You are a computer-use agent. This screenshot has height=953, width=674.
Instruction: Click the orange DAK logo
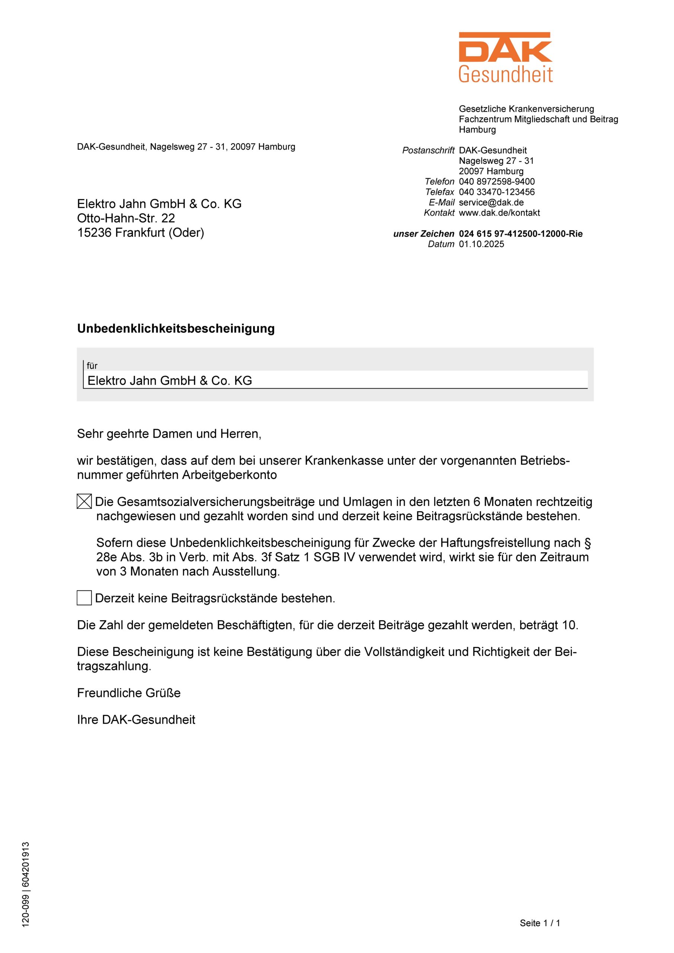point(505,57)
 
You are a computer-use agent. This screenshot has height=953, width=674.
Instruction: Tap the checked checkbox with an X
point(84,502)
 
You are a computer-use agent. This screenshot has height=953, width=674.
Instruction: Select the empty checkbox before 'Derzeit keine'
point(84,598)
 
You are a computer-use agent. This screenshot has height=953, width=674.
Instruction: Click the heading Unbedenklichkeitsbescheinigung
point(176,328)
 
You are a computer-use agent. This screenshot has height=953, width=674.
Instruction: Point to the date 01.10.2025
point(481,244)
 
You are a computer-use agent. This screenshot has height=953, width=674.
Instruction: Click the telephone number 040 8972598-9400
point(497,181)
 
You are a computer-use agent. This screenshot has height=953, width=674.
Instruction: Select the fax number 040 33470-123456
point(497,192)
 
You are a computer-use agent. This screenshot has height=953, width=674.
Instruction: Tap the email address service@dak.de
point(491,203)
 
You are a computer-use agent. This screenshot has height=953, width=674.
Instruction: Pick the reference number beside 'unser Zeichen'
point(520,234)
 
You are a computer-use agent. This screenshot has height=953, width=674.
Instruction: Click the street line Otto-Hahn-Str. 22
point(126,218)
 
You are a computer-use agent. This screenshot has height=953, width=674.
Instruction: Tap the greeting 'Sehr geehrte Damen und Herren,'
point(169,434)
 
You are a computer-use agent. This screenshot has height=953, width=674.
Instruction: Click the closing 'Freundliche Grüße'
point(129,693)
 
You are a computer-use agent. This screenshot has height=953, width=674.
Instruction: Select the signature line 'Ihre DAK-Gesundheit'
point(136,719)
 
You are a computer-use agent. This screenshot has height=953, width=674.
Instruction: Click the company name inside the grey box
point(169,380)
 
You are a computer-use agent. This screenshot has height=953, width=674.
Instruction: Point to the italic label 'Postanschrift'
point(428,150)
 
